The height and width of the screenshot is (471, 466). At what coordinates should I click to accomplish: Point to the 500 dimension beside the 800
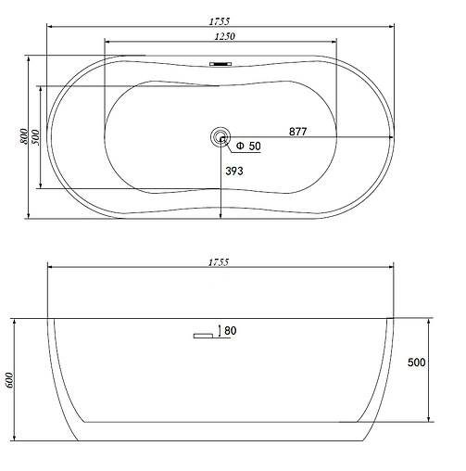click(34, 137)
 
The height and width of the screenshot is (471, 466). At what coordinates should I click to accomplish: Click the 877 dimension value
click(297, 132)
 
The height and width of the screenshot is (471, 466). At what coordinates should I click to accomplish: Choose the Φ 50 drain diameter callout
click(248, 146)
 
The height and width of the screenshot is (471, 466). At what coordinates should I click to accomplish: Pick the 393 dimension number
click(236, 172)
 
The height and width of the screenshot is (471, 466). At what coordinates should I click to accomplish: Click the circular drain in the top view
click(220, 138)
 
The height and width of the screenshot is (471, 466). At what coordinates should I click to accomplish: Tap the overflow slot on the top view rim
click(220, 64)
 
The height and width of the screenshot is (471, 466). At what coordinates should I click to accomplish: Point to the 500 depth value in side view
click(416, 363)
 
